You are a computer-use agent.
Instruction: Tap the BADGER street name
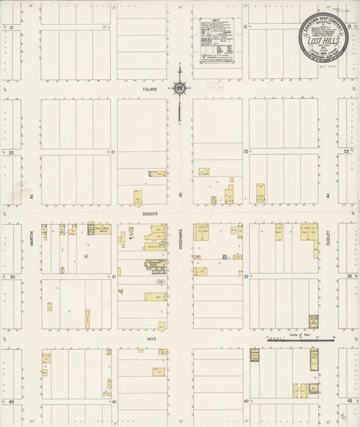tap(149, 212)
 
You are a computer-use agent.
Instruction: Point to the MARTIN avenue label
tap(32, 236)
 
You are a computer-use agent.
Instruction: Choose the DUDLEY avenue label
tap(330, 237)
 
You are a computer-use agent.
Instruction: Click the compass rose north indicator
tap(180, 87)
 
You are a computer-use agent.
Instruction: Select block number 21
tap(114, 152)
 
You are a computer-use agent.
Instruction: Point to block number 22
tap(247, 152)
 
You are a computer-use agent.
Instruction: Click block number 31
tap(114, 277)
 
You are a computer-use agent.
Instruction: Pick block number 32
tap(247, 277)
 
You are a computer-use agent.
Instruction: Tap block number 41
tap(114, 402)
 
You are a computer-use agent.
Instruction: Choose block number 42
tap(247, 402)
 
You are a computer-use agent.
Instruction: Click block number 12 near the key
tap(245, 27)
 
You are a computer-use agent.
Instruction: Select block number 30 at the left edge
tap(11, 277)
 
